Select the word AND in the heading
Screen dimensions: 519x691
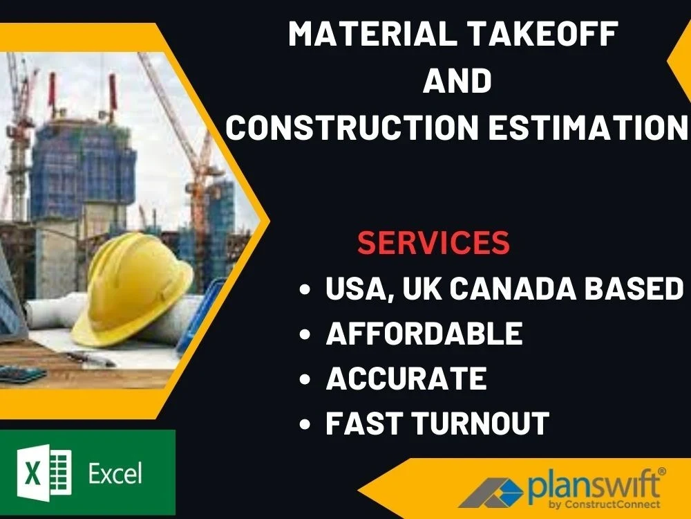pos(457,80)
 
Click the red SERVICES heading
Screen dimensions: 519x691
pos(433,242)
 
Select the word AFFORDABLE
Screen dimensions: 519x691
pos(424,334)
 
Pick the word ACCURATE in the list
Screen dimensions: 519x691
pos(406,379)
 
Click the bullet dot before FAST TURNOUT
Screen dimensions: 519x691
pos(305,424)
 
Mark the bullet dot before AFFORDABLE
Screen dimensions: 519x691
pos(305,336)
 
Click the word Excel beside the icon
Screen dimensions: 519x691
pos(115,474)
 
